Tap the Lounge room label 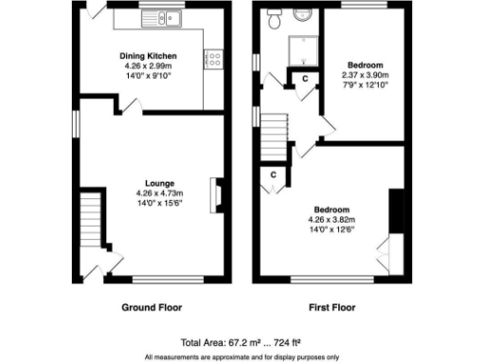click(x=151, y=183)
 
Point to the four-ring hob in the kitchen click(x=213, y=59)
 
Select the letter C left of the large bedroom click(x=274, y=174)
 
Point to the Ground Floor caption click(x=152, y=307)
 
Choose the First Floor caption click(x=332, y=307)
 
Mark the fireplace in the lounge click(x=217, y=192)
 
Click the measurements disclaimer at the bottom click(x=242, y=356)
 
